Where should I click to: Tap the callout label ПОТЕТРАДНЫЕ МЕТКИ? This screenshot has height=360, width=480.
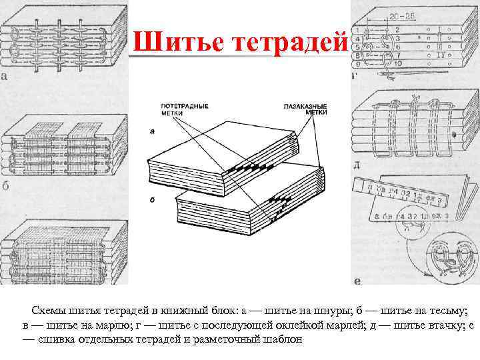[185, 109]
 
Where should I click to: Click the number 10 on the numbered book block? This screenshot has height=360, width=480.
[398, 63]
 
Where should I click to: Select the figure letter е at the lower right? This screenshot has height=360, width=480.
[358, 281]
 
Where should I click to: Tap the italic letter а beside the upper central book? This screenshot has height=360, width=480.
[153, 131]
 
